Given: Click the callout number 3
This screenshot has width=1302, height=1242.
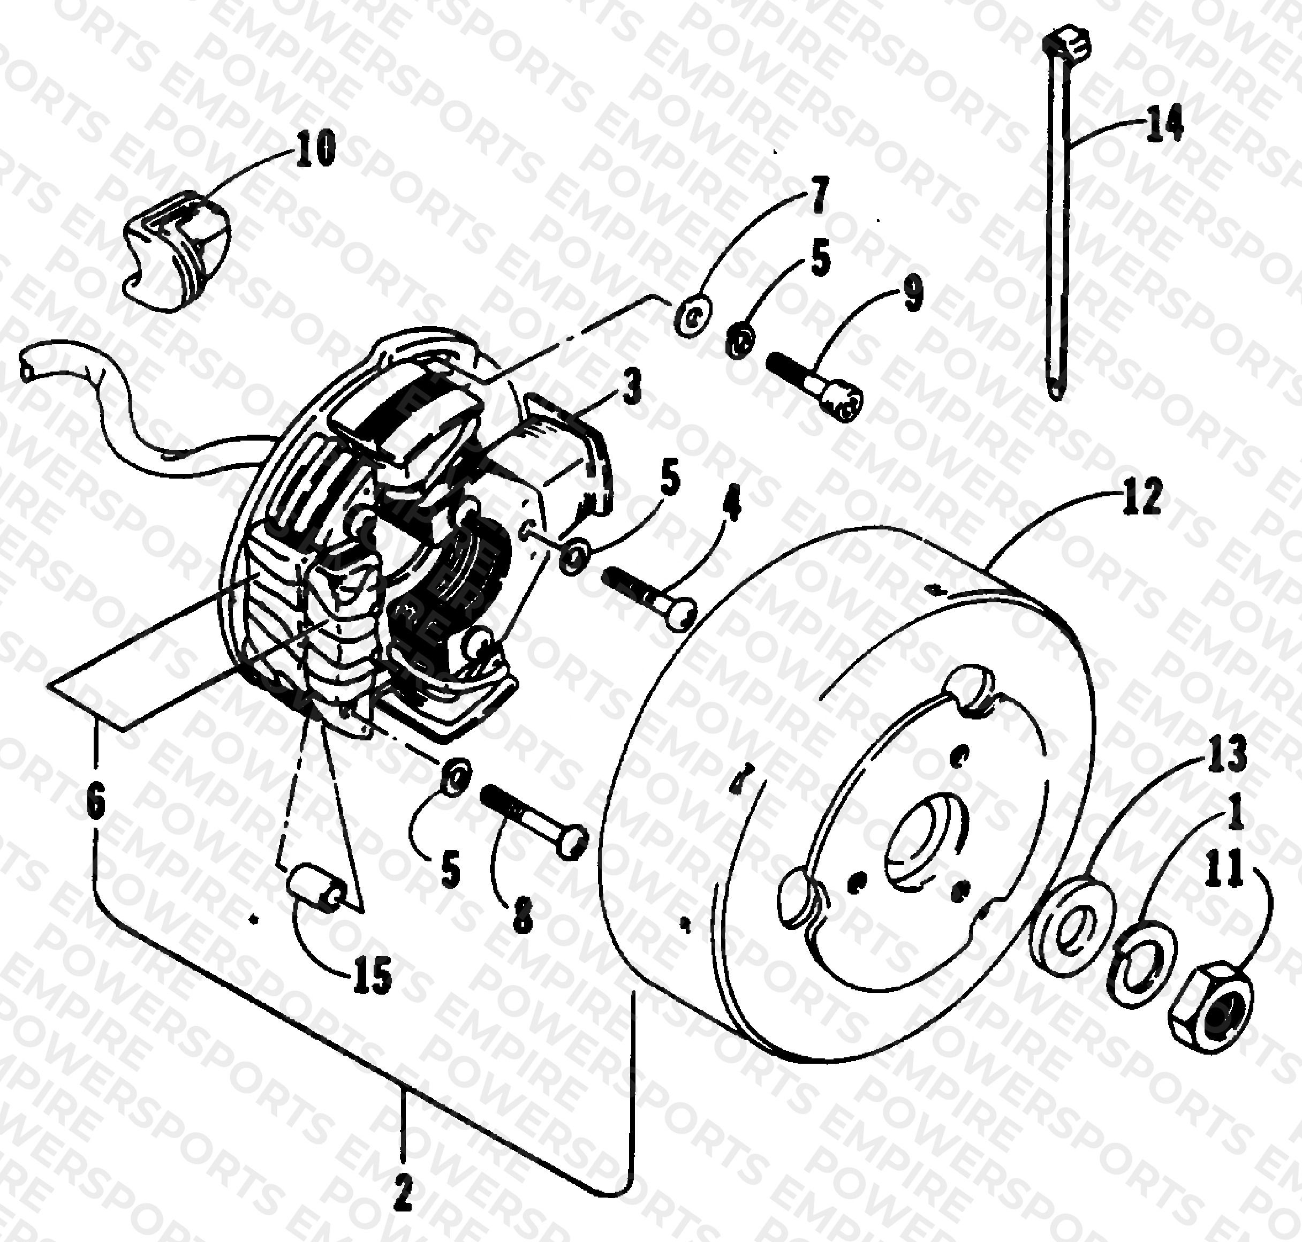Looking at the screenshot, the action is point(632,388).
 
